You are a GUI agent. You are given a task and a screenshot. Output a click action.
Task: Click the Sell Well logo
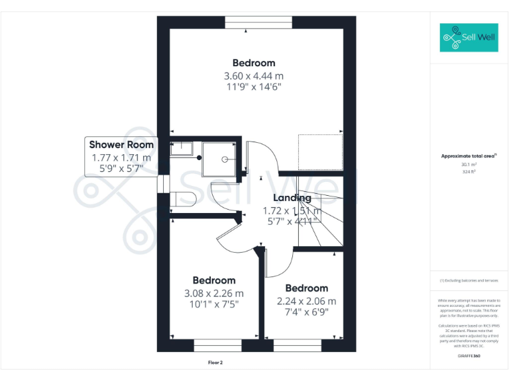pos(468,38)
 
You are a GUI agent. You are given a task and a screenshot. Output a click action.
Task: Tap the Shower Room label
pos(121,144)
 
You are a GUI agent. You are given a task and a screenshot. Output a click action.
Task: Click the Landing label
pos(292,198)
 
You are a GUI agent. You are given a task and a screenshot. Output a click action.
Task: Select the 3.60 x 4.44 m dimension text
pos(254,76)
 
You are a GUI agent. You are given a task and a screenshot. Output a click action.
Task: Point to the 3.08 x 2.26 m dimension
pos(214,293)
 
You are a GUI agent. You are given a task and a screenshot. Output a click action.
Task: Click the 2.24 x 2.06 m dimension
pos(306,300)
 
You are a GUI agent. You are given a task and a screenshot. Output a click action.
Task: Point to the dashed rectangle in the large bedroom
pos(319,152)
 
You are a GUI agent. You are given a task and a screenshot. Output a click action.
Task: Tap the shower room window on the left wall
pos(160,183)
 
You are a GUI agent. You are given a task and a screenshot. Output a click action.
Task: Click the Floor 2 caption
pos(216,362)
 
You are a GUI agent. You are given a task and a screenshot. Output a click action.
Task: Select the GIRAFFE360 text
pos(469,357)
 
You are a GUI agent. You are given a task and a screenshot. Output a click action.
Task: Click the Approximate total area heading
pos(469,156)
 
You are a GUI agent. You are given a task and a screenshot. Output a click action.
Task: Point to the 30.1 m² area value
pos(469,165)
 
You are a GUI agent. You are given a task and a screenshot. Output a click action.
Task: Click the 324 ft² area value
pos(469,172)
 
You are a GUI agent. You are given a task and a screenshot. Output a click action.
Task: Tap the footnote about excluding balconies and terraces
pos(469,280)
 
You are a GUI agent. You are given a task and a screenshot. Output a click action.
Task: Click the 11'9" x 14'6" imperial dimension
pos(254,87)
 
